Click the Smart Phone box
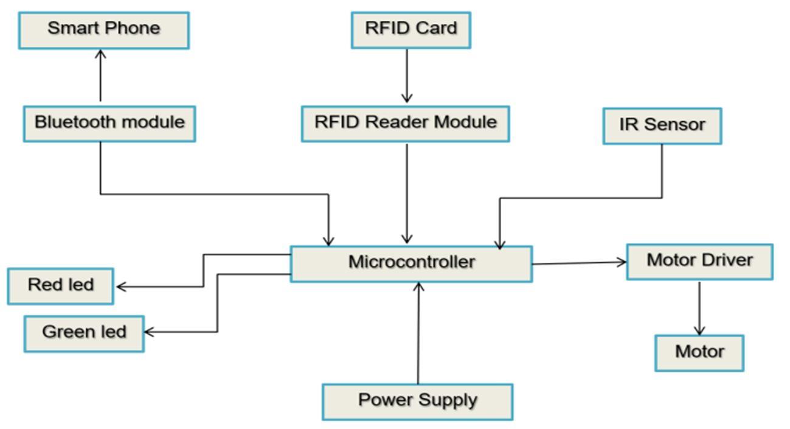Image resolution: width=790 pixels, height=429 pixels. pyautogui.click(x=103, y=30)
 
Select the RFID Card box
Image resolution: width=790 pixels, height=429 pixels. pyautogui.click(x=411, y=30)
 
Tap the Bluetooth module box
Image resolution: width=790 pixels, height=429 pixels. pyautogui.click(x=109, y=124)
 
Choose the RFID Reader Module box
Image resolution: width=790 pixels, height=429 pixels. pyautogui.click(x=405, y=124)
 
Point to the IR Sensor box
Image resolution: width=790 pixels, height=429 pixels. pyautogui.click(x=662, y=126)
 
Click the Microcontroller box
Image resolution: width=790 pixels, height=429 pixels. pyautogui.click(x=411, y=263)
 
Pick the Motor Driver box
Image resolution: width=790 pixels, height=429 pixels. pyautogui.click(x=699, y=262)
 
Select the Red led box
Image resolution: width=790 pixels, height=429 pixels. pyautogui.click(x=60, y=286)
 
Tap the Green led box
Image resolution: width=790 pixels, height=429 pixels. pyautogui.click(x=84, y=333)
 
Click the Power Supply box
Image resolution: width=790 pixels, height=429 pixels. pyautogui.click(x=417, y=402)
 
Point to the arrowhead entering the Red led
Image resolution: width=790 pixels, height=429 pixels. pyautogui.click(x=120, y=287)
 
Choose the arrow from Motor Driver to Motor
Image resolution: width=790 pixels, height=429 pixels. pyautogui.click(x=699, y=307)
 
